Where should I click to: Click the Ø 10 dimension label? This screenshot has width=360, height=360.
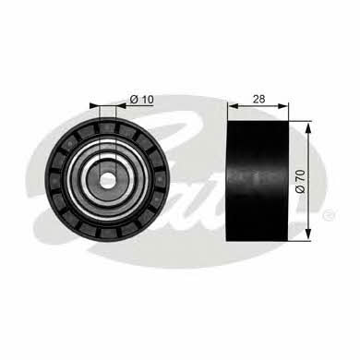coord(141,100)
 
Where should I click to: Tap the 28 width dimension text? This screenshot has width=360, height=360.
coord(258,99)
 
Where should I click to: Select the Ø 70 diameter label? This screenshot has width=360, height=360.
coord(300,181)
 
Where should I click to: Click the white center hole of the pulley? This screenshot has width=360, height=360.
coord(106,181)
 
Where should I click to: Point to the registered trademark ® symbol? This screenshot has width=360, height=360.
coord(328,213)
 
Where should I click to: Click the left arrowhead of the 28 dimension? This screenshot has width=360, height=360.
coord(234,106)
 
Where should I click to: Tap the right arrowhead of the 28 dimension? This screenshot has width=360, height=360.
coord(282,106)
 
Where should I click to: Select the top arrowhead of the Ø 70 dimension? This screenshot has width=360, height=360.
coord(308,126)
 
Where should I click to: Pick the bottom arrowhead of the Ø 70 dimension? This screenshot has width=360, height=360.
coord(308,234)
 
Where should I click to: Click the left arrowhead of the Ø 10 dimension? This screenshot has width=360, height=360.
coord(95,106)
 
